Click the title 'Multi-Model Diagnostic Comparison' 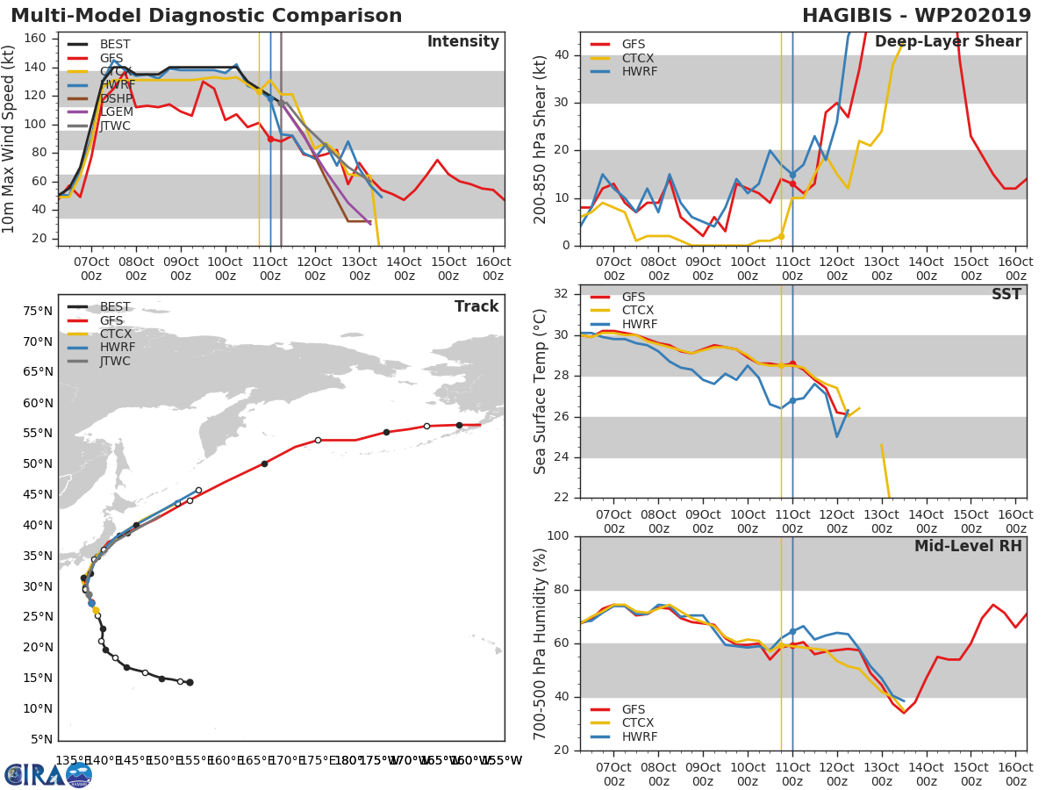206,16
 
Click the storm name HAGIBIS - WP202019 916,16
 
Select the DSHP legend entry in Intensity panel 115,99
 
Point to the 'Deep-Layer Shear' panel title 948,42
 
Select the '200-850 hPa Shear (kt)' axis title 541,139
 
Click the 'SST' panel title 1006,295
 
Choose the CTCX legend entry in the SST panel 637,311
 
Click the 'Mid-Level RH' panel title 968,547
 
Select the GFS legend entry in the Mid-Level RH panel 634,709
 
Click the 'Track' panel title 476,306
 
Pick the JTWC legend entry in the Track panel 115,361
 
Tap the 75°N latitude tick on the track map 36,311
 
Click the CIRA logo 48,774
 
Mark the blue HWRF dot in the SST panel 792,400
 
